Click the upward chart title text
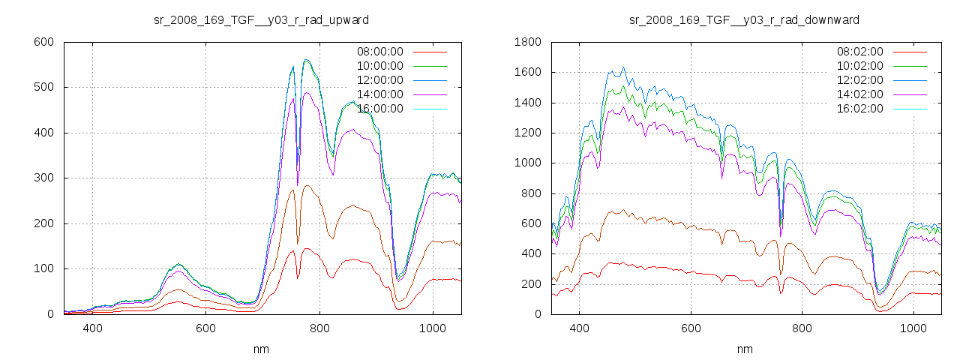coord(261,19)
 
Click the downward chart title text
coord(744,19)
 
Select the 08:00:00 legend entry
coord(379,52)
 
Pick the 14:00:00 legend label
coord(379,94)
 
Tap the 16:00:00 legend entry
coord(379,109)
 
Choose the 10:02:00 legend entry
coord(859,66)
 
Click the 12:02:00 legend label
coord(859,80)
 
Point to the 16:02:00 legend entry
coord(859,109)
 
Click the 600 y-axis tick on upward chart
coord(43,42)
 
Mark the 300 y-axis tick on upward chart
coord(43,178)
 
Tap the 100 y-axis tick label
coord(43,269)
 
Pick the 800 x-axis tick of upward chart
coord(319,328)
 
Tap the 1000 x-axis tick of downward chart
coord(913,328)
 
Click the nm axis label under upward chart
coord(261,349)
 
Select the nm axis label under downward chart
coord(744,349)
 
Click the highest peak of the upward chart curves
coord(306,60)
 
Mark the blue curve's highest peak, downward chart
coord(623,67)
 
